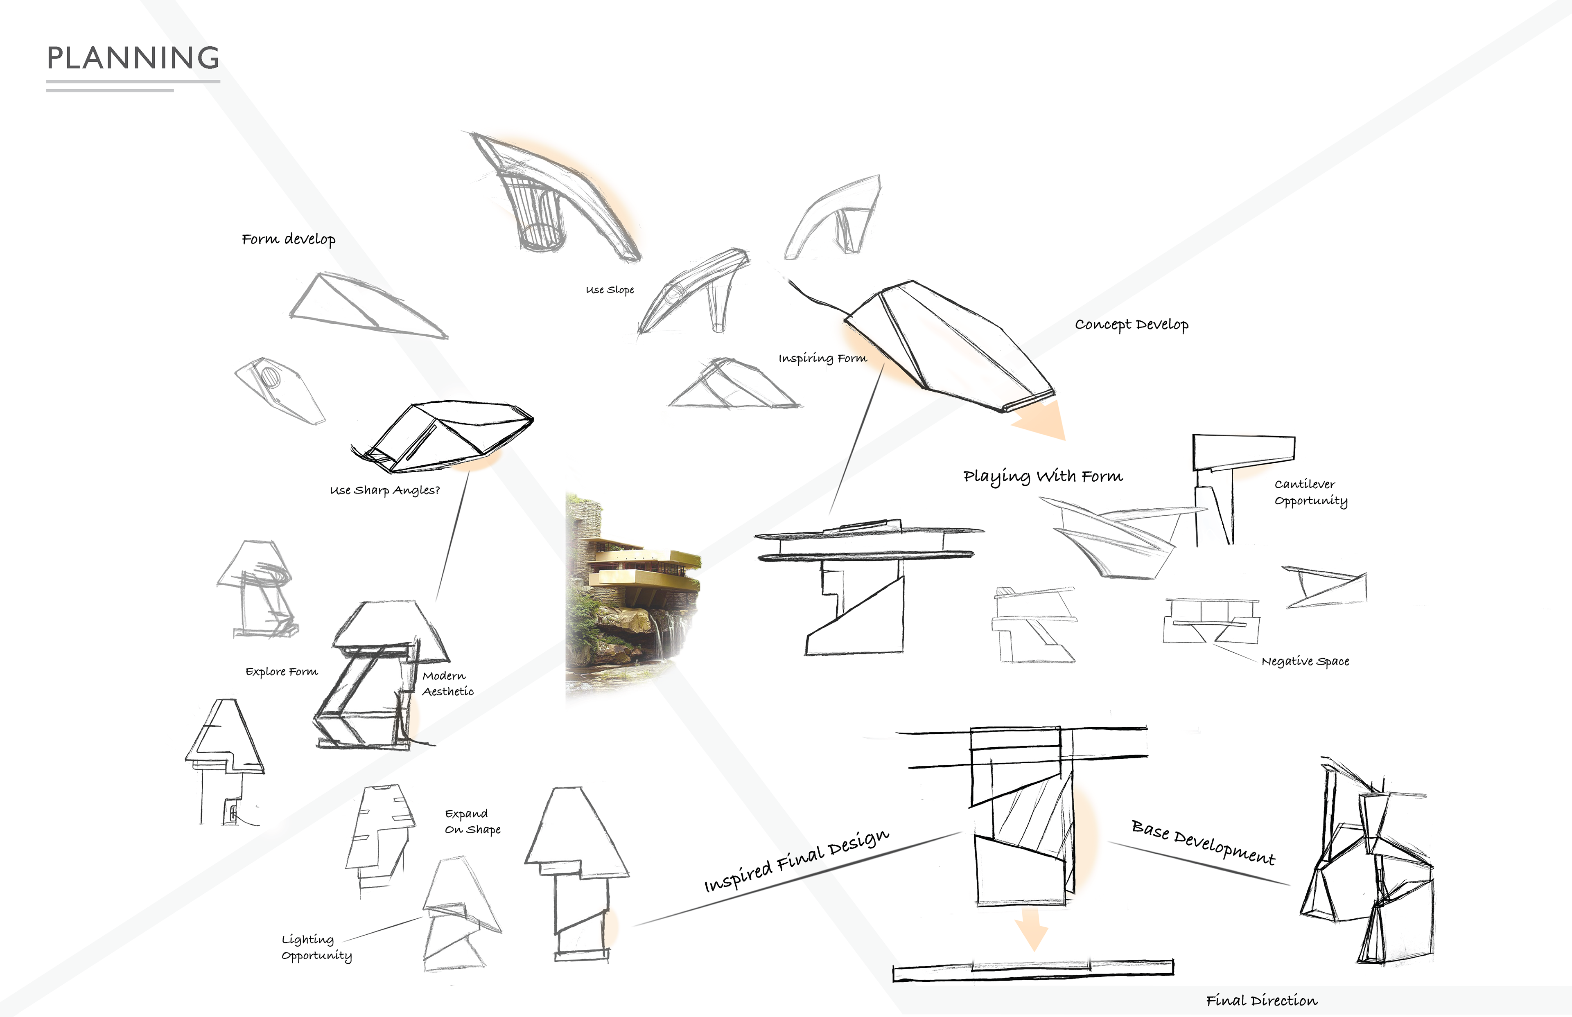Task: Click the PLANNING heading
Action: point(133,58)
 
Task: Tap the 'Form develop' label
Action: point(289,239)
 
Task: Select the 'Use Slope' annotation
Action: point(610,290)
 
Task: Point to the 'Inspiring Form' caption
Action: point(822,359)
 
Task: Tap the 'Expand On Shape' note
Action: point(472,821)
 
